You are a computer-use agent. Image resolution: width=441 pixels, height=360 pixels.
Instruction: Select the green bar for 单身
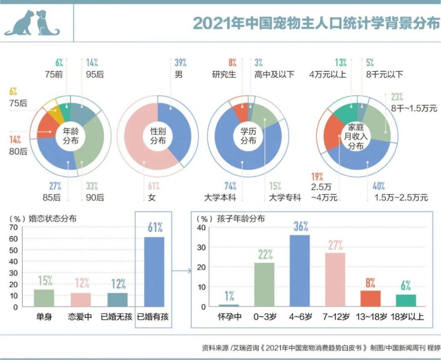44,298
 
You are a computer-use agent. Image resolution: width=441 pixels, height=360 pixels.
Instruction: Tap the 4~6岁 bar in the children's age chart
299,271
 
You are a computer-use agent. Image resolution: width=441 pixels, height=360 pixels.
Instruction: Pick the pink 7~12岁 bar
335,280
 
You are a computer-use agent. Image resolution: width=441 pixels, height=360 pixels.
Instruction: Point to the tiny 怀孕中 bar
229,305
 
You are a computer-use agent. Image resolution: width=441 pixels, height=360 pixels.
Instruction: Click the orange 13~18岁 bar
370,298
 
